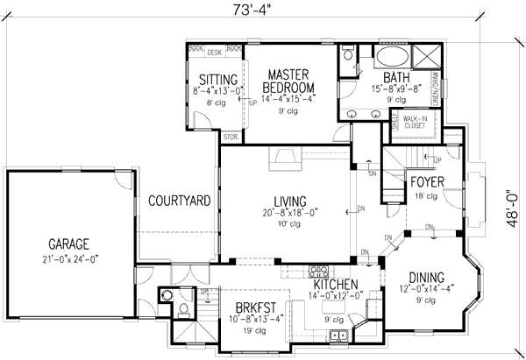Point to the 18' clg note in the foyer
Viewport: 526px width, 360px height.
[427, 196]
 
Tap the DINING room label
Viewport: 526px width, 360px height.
[426, 278]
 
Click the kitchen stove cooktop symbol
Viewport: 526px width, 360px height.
[321, 271]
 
